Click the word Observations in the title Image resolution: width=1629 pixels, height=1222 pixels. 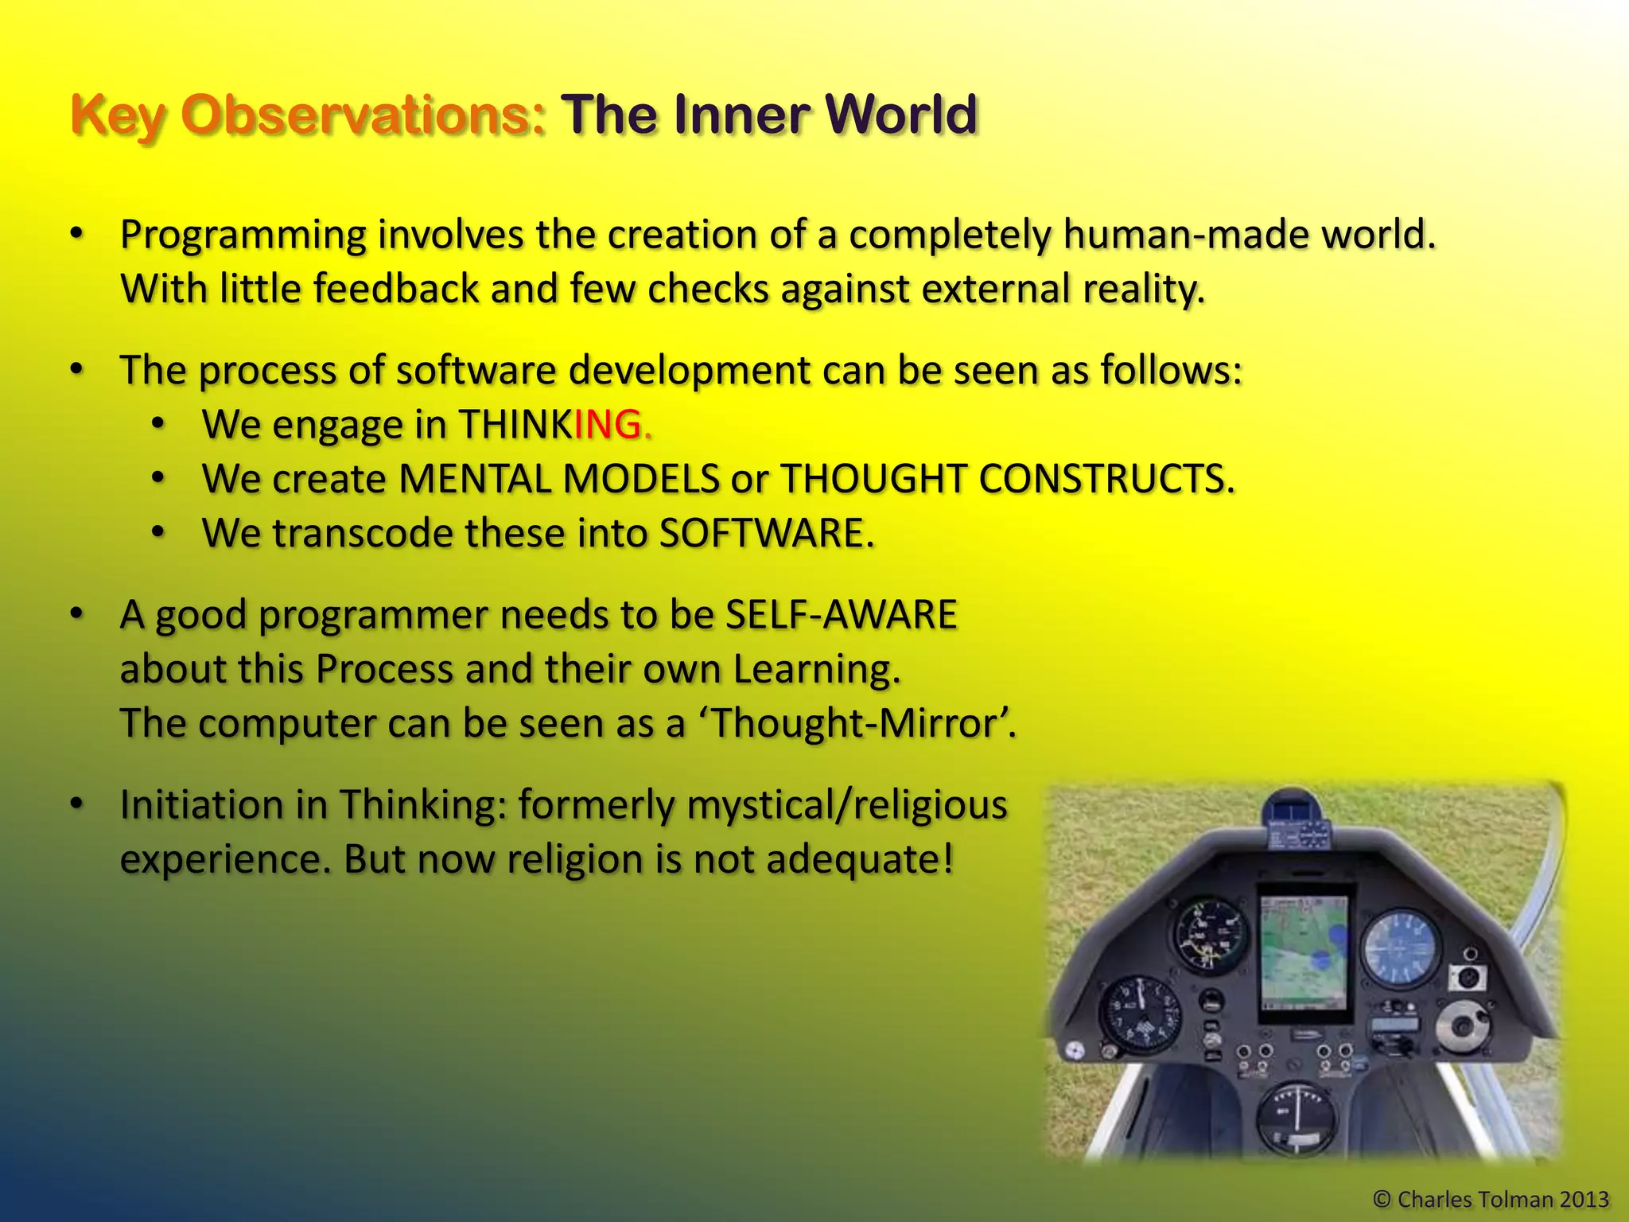tap(364, 115)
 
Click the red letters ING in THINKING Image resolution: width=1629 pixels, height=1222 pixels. tap(608, 424)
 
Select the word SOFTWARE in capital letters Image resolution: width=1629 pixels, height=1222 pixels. tap(761, 533)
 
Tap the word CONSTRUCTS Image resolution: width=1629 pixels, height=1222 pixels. tap(1106, 479)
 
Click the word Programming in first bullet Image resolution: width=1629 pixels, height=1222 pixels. tap(243, 235)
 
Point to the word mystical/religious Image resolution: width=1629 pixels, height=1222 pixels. tap(846, 805)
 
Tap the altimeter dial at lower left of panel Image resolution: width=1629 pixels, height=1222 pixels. tap(1139, 1015)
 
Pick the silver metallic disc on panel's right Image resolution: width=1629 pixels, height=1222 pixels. tap(1462, 1026)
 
